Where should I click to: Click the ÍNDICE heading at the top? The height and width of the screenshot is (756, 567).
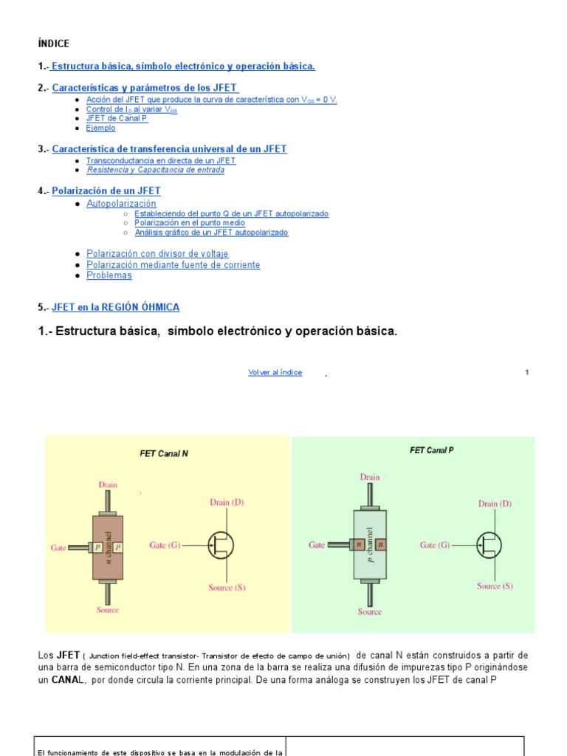53,44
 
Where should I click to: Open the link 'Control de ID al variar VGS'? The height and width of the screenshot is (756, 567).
131,109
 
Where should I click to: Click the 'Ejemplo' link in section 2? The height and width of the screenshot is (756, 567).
101,128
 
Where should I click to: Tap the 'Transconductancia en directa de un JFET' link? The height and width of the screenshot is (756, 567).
161,160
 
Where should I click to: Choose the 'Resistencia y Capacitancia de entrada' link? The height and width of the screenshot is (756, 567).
155,171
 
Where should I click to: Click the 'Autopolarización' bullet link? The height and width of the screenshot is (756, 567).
121,203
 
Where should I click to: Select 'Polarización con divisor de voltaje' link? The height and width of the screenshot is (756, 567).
157,254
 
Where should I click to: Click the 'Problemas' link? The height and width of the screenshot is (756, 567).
109,275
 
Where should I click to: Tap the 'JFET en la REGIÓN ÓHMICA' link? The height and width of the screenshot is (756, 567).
116,307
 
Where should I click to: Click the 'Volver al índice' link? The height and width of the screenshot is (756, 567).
275,373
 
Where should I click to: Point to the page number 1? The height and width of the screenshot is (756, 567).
526,373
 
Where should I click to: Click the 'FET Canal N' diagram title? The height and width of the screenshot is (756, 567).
164,454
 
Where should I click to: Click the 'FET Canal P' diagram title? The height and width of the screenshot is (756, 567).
431,450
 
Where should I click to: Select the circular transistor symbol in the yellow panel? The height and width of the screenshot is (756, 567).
220,545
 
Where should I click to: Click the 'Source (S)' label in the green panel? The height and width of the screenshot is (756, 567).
495,586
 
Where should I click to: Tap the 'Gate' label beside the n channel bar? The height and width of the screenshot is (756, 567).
59,548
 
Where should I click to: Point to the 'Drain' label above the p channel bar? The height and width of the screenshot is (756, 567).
370,477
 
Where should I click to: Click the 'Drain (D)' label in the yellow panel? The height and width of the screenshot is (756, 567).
227,502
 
